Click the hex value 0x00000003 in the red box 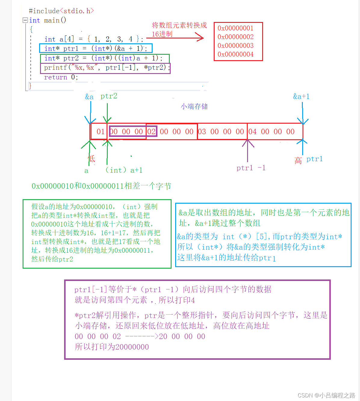coord(235,46)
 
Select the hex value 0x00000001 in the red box coord(235,28)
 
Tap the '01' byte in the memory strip coord(101,132)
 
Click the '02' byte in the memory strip coord(151,132)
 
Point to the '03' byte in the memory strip coord(202,132)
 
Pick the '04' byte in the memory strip coord(253,132)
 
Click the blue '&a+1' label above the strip coord(301,97)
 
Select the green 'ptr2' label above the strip coord(109,96)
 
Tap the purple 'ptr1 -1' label coord(251,168)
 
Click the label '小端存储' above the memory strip coord(194,106)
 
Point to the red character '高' coord(298,161)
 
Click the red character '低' coord(92,159)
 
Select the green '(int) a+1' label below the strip coord(124,170)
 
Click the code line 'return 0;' coord(61,77)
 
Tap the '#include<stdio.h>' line coord(61,11)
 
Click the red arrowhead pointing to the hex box coord(200,38)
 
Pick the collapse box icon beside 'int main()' coord(25,20)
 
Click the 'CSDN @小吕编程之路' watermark coord(326,395)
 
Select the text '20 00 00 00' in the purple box coord(182,337)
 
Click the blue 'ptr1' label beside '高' coord(315,159)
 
